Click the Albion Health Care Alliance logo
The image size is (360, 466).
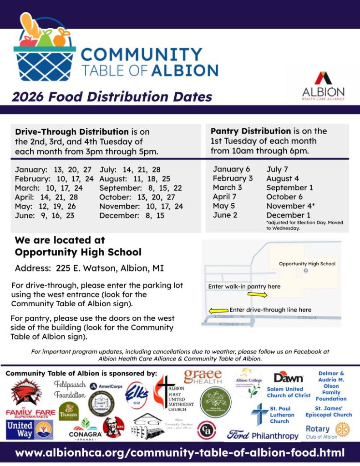tap(323, 85)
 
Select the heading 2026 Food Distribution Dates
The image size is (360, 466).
tap(112, 97)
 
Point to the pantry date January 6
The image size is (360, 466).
tap(231, 169)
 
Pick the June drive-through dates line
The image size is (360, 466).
tap(45, 216)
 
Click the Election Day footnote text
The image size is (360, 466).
tap(304, 225)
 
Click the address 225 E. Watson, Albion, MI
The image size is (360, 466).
tap(89, 268)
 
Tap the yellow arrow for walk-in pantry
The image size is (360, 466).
tap(258, 295)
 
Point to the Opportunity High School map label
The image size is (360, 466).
tap(307, 263)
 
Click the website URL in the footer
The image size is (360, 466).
tap(180, 453)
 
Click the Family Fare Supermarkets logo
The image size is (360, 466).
tap(30, 414)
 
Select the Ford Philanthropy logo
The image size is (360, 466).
tap(263, 435)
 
